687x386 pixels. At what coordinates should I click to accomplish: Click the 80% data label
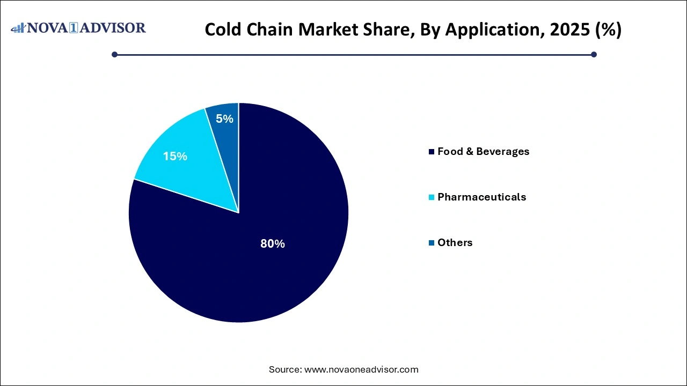(x=273, y=244)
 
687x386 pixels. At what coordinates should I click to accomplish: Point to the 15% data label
(x=175, y=157)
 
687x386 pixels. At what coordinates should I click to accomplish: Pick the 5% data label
(x=224, y=119)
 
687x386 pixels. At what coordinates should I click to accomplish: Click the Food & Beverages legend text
(x=483, y=152)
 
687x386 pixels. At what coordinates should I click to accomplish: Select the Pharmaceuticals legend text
(x=481, y=197)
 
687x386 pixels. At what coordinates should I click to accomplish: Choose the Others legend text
(x=455, y=242)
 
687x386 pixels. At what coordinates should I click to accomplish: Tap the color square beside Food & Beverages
(x=432, y=152)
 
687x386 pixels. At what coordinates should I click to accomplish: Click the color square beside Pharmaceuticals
(x=432, y=197)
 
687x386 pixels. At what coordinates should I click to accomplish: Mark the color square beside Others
(x=432, y=243)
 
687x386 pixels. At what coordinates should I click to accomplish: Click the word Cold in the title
(x=222, y=29)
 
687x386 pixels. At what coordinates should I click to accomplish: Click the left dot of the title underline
(x=114, y=54)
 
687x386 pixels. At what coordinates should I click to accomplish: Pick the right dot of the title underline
(x=594, y=54)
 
